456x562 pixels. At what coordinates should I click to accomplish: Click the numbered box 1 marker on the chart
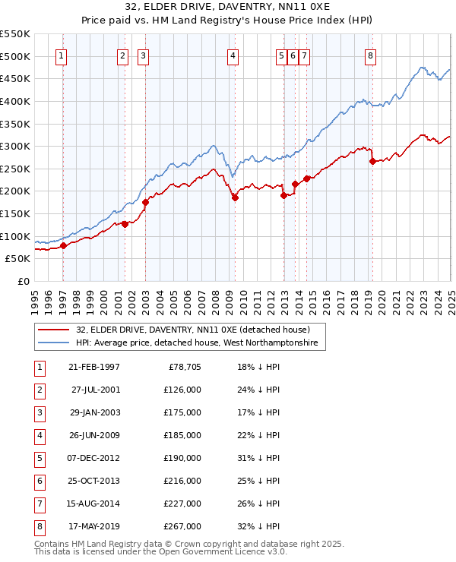point(60,55)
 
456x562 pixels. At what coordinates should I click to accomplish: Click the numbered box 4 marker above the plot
point(233,55)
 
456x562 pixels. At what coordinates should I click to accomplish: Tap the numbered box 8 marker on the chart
point(370,55)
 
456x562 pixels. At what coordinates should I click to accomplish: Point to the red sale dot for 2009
point(235,198)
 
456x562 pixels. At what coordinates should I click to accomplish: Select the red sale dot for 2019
point(372,161)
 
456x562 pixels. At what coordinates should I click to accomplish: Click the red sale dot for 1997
point(64,245)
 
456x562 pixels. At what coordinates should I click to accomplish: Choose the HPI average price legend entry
point(200,343)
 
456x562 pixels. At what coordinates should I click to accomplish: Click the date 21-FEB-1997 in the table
point(93,367)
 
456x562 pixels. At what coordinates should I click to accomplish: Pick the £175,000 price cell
point(182,412)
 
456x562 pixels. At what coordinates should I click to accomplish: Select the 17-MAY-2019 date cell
point(93,526)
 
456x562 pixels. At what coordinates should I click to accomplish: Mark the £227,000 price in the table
point(182,504)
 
